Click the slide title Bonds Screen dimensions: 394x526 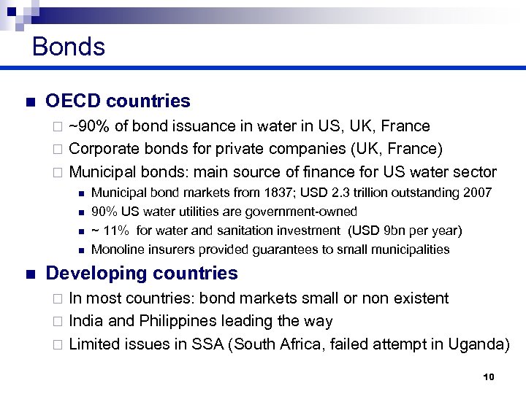[69, 47]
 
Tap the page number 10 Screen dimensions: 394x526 [489, 376]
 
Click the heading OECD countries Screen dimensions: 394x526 [118, 101]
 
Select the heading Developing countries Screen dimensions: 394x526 [142, 274]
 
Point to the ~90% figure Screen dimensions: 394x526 [86, 126]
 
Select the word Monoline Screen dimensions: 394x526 [115, 250]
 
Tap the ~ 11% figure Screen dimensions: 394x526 [110, 231]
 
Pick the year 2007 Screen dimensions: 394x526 [478, 193]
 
